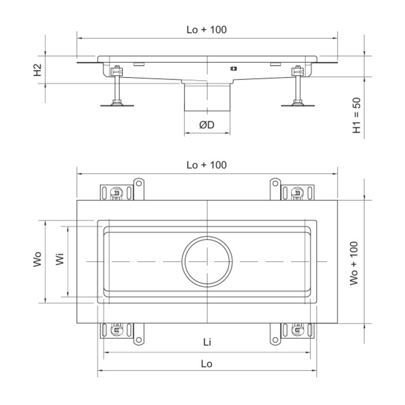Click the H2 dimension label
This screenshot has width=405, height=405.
tap(38, 70)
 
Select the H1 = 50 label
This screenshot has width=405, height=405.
tap(357, 115)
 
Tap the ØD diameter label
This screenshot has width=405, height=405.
tap(207, 125)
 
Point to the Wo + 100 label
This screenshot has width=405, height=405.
tap(354, 263)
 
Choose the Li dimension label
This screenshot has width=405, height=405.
tap(207, 342)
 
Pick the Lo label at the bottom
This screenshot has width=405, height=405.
tap(207, 364)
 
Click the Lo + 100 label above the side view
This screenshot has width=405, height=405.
tap(207, 30)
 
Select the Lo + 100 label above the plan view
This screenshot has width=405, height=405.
tap(207, 165)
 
